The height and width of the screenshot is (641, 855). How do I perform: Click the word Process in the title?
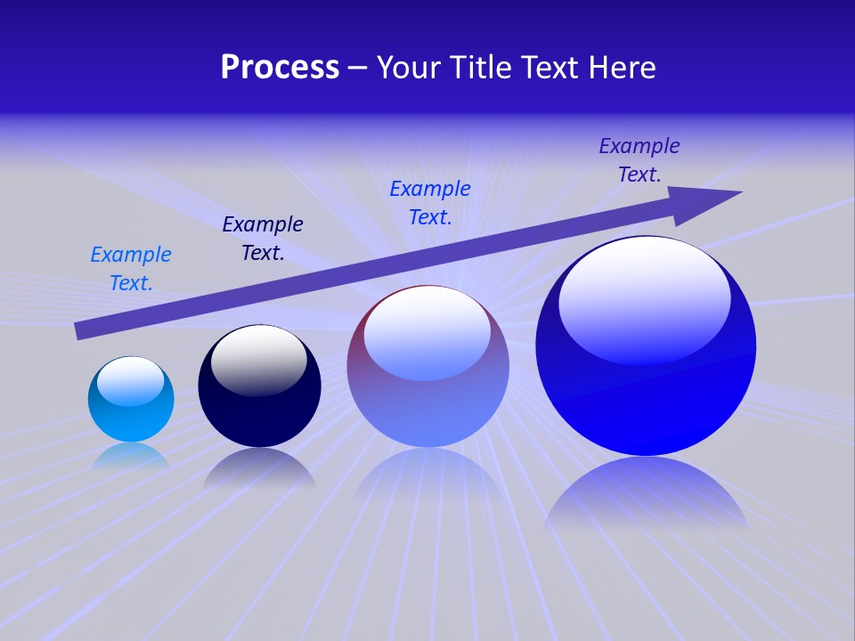(280, 68)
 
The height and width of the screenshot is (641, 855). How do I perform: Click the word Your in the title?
(410, 68)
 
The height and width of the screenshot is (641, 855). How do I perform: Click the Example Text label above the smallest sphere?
(131, 269)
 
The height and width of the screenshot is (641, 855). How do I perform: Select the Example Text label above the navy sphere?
(263, 239)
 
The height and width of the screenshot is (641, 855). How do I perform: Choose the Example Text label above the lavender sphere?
(430, 203)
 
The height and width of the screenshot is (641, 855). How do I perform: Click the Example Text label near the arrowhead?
(639, 160)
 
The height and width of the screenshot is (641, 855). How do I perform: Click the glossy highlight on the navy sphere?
(258, 361)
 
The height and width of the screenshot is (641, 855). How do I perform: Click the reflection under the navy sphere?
(259, 467)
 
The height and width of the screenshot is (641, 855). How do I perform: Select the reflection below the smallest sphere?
(131, 455)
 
